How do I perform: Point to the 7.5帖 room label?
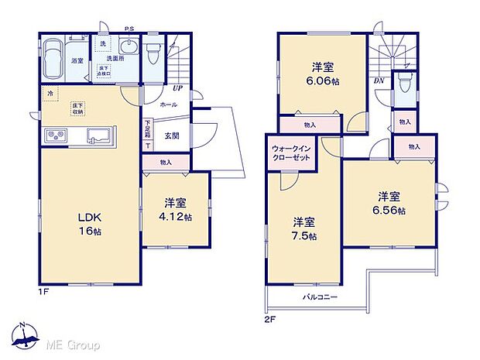pyautogui.click(x=303, y=229)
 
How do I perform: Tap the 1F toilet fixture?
pyautogui.click(x=153, y=54)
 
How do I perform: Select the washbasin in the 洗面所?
pyautogui.click(x=129, y=49)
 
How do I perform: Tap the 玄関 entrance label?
pyautogui.click(x=171, y=136)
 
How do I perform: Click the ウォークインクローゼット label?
pyautogui.click(x=291, y=153)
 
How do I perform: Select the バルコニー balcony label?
pyautogui.click(x=319, y=297)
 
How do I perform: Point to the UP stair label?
pyautogui.click(x=177, y=88)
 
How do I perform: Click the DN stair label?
pyautogui.click(x=379, y=80)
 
